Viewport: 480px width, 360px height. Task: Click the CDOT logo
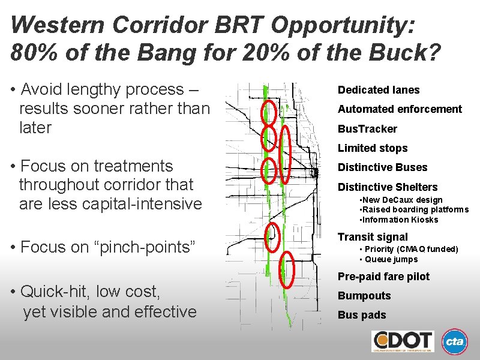click(x=403, y=341)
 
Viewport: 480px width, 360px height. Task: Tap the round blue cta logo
click(x=455, y=342)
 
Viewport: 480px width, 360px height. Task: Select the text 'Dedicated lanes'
click(x=379, y=90)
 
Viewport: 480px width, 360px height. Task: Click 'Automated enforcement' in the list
click(x=400, y=109)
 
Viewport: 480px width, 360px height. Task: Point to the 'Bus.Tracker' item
click(x=367, y=129)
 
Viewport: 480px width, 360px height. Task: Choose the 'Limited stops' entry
click(x=373, y=148)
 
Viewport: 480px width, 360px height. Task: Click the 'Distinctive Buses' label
click(x=383, y=167)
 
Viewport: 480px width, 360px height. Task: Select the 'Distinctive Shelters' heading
click(x=388, y=187)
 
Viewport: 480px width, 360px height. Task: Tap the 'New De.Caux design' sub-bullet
click(x=400, y=200)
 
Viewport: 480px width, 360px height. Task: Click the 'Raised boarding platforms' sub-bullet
click(x=413, y=209)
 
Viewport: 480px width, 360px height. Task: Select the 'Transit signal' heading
click(x=373, y=237)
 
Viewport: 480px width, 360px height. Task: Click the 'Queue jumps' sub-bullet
click(x=390, y=259)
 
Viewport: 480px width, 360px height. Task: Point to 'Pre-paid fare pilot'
click(x=383, y=277)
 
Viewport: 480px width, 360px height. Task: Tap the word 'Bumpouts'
click(x=364, y=296)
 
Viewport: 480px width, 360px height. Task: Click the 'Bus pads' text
click(x=362, y=315)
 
